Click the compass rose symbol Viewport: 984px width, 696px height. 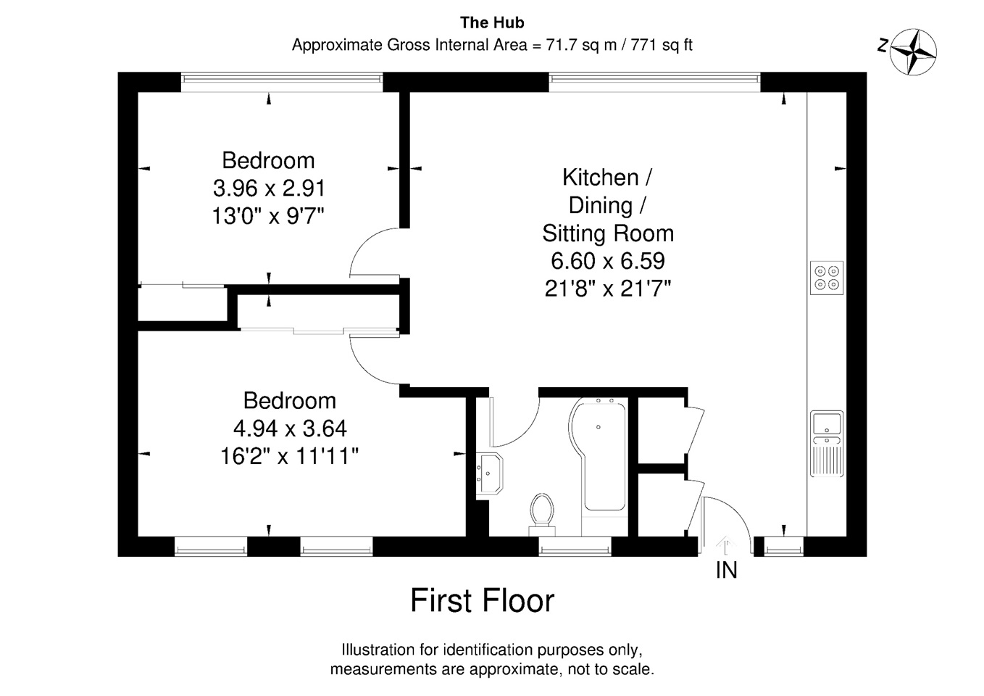click(913, 52)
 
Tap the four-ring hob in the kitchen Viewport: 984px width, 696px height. click(827, 278)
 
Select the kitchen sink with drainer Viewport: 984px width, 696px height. click(827, 444)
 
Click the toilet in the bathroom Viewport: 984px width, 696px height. click(542, 515)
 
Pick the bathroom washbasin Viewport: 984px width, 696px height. click(489, 473)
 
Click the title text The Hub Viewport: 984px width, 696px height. click(492, 23)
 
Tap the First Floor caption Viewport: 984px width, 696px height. click(482, 600)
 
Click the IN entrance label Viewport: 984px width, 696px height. click(726, 571)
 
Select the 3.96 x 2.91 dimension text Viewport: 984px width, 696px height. click(269, 188)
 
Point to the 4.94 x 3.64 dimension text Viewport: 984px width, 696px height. click(290, 428)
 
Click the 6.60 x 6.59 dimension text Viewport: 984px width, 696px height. click(608, 261)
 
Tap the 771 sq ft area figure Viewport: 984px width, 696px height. click(662, 45)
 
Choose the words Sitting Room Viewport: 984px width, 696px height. click(608, 233)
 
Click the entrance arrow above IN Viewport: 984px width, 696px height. click(726, 545)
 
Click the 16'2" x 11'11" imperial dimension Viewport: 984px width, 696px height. click(290, 456)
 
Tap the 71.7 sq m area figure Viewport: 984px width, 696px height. click(581, 45)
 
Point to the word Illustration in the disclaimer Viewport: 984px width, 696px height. click(378, 650)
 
